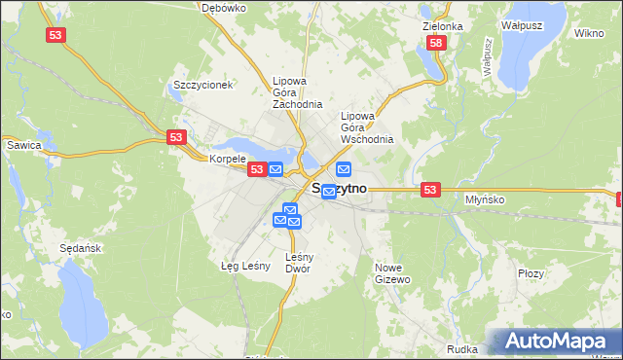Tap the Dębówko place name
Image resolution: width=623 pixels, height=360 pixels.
click(223, 7)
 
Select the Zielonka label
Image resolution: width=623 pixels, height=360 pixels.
click(443, 26)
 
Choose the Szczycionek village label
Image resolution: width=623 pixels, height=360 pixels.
click(202, 85)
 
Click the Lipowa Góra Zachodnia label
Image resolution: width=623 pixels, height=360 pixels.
click(298, 92)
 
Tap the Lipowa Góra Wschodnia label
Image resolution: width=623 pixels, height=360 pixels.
click(367, 126)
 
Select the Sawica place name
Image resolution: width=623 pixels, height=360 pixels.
click(23, 145)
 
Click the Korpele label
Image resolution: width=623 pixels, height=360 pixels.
click(227, 158)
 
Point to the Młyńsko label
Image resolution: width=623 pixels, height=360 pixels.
click(484, 198)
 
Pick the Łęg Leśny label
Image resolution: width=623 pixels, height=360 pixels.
click(244, 265)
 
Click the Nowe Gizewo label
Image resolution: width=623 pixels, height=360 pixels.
click(394, 272)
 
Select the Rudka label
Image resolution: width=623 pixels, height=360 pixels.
click(461, 348)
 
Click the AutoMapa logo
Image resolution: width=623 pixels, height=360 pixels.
click(558, 342)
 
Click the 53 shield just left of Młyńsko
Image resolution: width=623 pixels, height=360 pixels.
click(431, 189)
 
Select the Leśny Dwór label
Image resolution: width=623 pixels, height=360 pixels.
click(298, 263)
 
